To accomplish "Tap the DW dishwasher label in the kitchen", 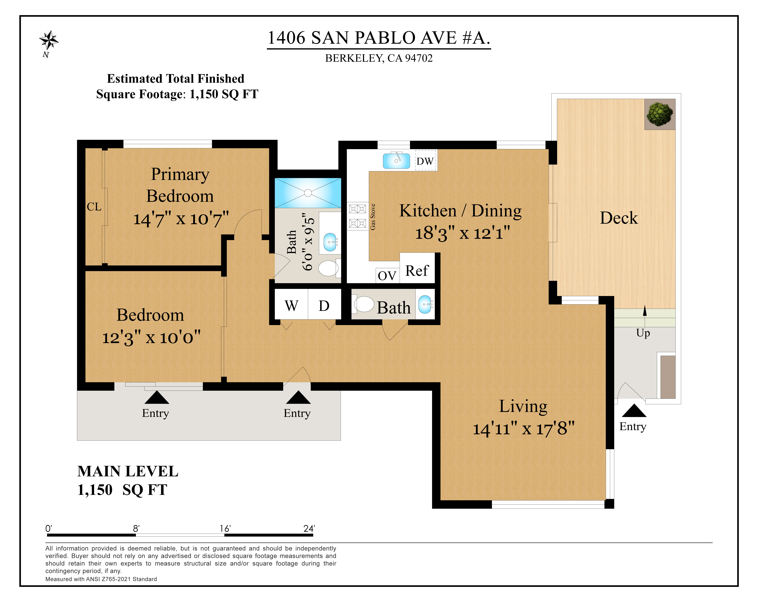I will pyautogui.click(x=425, y=161).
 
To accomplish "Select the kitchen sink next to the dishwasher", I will pyautogui.click(x=396, y=161).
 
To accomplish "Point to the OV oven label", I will pyautogui.click(x=387, y=276).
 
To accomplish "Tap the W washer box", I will pyautogui.click(x=291, y=305).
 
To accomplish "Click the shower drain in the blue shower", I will pyautogui.click(x=308, y=193).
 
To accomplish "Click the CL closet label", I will pyautogui.click(x=94, y=207).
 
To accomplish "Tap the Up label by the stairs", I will pyautogui.click(x=643, y=333).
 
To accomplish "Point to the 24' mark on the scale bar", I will pyautogui.click(x=309, y=529).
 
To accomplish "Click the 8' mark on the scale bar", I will pyautogui.click(x=136, y=529).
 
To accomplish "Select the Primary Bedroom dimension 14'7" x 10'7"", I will pyautogui.click(x=181, y=219).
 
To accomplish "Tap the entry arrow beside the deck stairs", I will pyautogui.click(x=634, y=411).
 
